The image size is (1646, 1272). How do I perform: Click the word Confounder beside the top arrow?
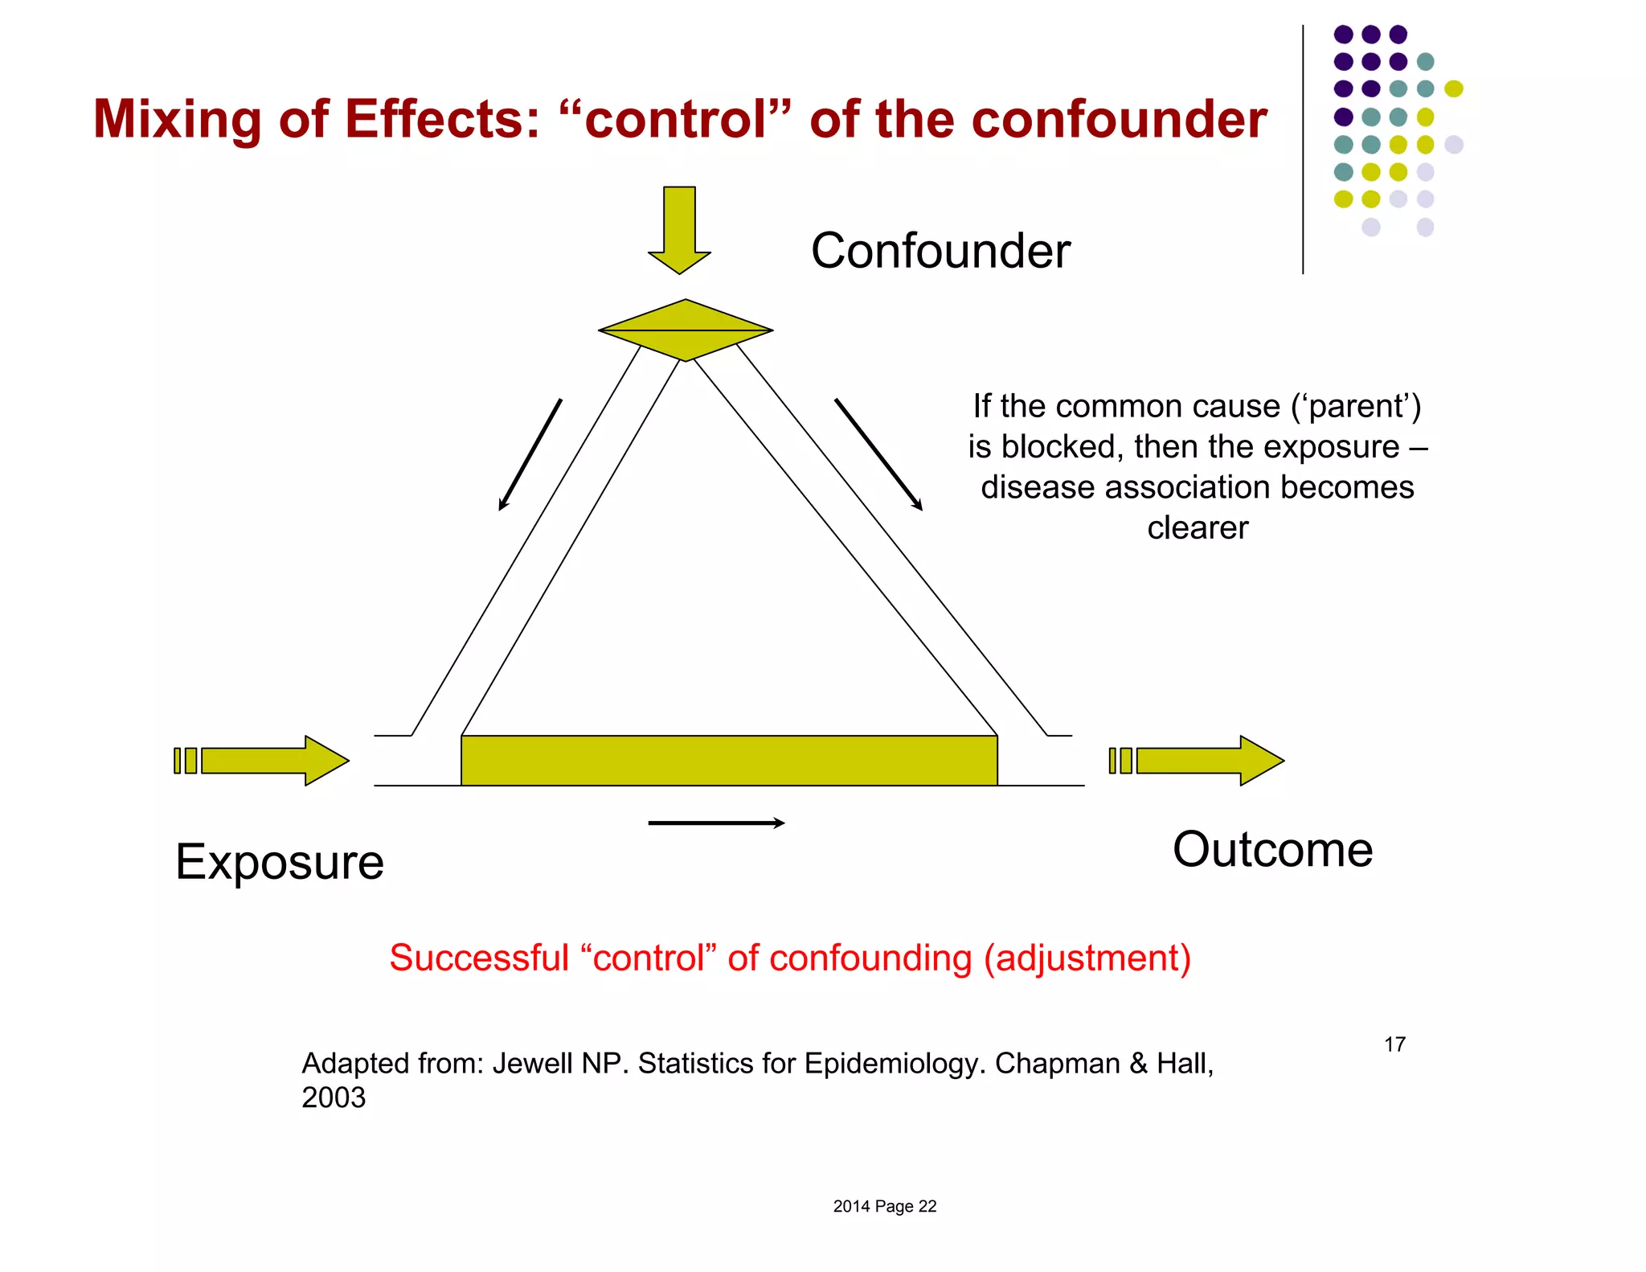pyautogui.click(x=940, y=251)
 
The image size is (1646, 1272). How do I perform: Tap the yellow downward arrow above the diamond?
pyautogui.click(x=679, y=229)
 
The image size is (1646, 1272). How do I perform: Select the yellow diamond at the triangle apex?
pyautogui.click(x=686, y=330)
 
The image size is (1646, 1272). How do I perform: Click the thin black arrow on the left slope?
pyautogui.click(x=530, y=454)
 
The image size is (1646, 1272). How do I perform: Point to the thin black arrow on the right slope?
pyautogui.click(x=878, y=454)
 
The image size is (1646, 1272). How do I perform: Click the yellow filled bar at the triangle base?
pyautogui.click(x=729, y=761)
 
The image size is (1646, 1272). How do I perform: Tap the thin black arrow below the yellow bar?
pyautogui.click(x=716, y=823)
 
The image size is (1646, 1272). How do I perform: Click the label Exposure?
pyautogui.click(x=280, y=862)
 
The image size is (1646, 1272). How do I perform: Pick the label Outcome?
pyautogui.click(x=1272, y=850)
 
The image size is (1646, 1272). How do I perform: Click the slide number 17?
pyautogui.click(x=1394, y=1044)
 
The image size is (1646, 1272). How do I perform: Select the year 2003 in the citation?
pyautogui.click(x=334, y=1098)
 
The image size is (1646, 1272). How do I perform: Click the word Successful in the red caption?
pyautogui.click(x=479, y=958)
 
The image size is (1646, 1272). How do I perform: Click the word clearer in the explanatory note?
pyautogui.click(x=1198, y=528)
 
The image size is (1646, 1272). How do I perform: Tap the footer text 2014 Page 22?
pyautogui.click(x=884, y=1206)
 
